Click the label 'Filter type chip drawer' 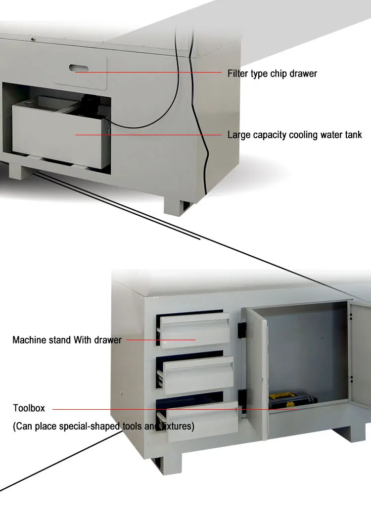coord(272,74)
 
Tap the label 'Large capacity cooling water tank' coord(294,135)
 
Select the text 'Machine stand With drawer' coord(67,340)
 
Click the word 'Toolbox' coord(29,408)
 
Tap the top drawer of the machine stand coord(195,328)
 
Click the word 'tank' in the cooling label coord(353,135)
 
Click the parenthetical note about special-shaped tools coord(103,426)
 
